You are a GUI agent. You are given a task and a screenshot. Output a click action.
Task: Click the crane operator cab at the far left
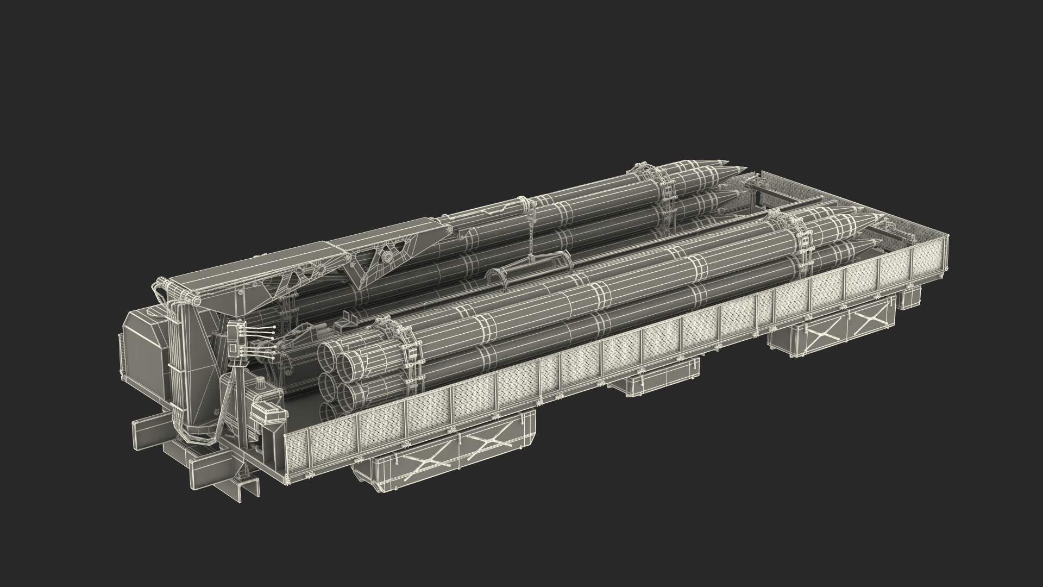(x=146, y=353)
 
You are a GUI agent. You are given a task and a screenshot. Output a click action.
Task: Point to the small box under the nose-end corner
(x=909, y=298)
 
